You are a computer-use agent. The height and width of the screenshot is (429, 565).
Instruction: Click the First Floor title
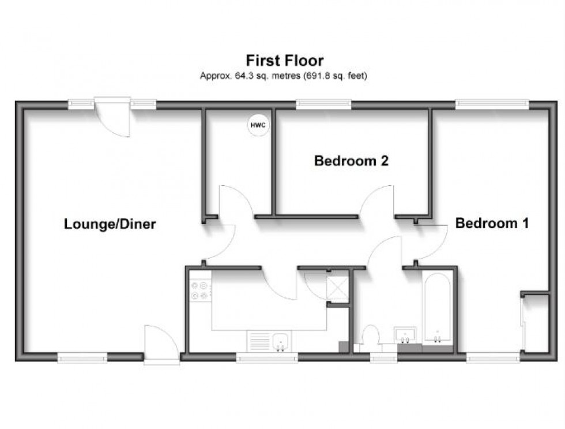pos(285,60)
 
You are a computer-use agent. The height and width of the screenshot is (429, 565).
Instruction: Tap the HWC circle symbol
pos(258,125)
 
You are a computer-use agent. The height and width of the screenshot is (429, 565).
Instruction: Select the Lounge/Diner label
pos(110,224)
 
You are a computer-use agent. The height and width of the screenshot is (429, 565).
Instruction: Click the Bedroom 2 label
pos(351,161)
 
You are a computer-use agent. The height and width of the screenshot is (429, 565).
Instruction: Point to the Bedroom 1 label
pos(492,223)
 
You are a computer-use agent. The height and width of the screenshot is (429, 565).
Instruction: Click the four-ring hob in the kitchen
pos(200,290)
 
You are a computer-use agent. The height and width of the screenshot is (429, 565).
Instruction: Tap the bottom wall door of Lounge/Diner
pos(161,345)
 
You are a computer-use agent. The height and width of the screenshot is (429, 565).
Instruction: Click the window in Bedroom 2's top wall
pos(323,104)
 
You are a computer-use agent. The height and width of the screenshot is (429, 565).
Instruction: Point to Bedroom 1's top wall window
pos(491,104)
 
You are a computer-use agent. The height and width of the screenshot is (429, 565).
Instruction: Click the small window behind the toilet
pos(383,358)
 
